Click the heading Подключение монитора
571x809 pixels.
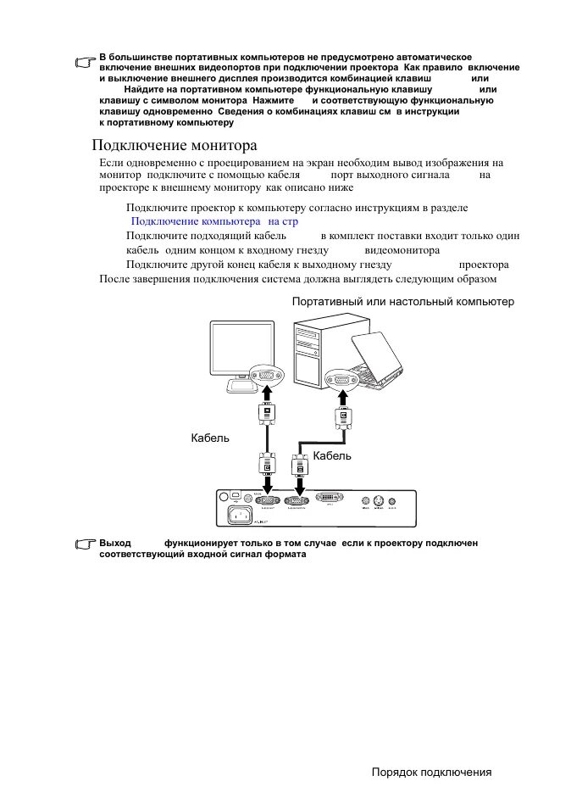(x=174, y=145)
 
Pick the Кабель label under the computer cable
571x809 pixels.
(x=332, y=455)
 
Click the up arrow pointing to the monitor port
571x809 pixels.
(x=266, y=395)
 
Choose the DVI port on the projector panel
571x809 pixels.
(x=329, y=499)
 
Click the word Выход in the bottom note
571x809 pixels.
(x=115, y=542)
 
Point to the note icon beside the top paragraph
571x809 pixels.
(x=85, y=62)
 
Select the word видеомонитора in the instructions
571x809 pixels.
(x=402, y=250)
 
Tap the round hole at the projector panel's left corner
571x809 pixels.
(x=224, y=496)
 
